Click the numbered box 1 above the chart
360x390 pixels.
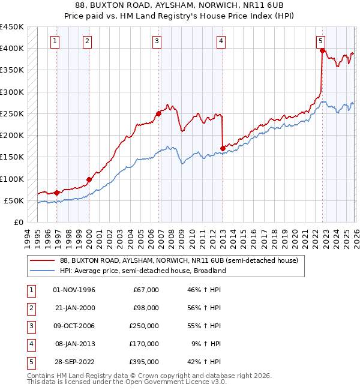(x=55, y=41)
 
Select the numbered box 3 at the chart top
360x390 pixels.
(x=157, y=41)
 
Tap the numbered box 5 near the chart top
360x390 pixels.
(x=320, y=41)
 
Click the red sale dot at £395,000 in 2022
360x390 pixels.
(x=322, y=51)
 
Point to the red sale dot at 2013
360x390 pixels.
(x=223, y=148)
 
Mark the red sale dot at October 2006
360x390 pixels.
(x=158, y=113)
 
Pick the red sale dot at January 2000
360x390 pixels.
(x=89, y=179)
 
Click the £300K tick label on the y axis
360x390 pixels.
(x=12, y=92)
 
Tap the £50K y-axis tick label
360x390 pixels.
(x=14, y=200)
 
